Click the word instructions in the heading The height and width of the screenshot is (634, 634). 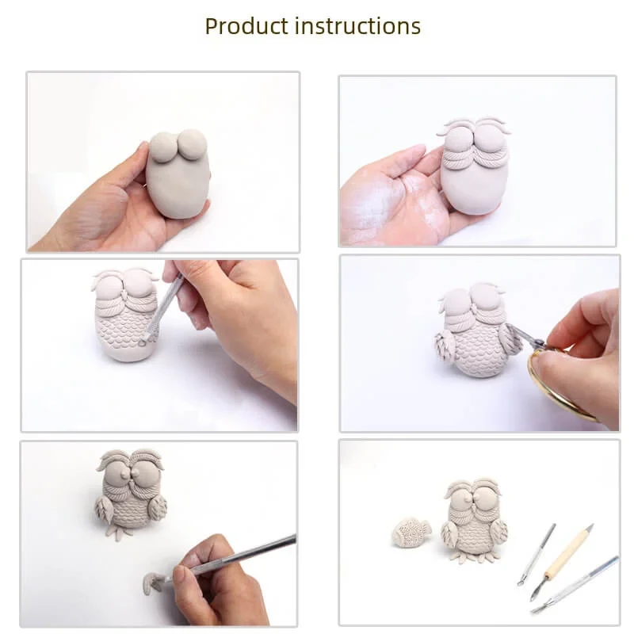(358, 26)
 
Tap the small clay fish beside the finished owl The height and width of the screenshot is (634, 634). (411, 533)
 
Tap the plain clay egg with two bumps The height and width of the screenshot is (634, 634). (178, 174)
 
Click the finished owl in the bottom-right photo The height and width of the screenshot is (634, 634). (474, 521)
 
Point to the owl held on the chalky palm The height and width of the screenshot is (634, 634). (473, 166)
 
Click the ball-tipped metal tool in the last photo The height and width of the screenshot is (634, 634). (537, 555)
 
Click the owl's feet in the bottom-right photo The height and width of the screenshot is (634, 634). (474, 558)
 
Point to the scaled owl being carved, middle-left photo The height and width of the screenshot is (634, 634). (126, 315)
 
